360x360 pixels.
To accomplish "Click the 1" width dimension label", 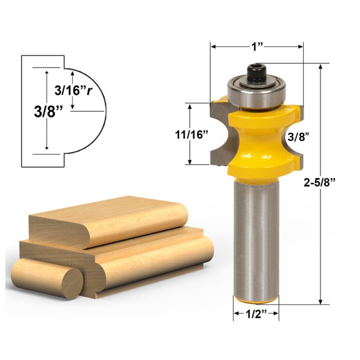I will (257, 47).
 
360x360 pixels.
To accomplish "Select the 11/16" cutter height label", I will (191, 135).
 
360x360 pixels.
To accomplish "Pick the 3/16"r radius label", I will (73, 90).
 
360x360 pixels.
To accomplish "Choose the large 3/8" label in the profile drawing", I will (48, 111).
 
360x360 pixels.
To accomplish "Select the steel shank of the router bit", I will (256, 240).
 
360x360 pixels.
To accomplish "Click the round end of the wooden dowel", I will (72, 283).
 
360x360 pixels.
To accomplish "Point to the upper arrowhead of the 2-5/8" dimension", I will (320, 66).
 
